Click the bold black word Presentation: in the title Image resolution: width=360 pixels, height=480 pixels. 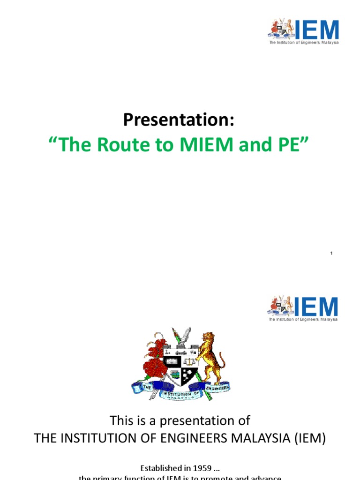pos(179,120)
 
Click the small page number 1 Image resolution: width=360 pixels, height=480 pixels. pos(331,254)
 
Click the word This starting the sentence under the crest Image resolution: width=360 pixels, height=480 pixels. pos(121,420)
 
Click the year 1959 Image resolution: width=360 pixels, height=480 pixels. pos(202,468)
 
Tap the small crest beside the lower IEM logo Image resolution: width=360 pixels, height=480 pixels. pos(281,306)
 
